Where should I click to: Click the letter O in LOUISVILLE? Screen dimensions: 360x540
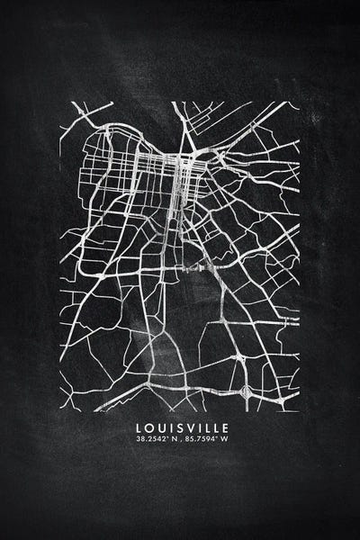tap(148, 427)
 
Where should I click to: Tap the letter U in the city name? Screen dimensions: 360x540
tap(159, 427)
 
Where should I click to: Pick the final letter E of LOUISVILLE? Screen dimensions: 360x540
tap(226, 427)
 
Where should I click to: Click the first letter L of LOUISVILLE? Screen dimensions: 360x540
tap(137, 427)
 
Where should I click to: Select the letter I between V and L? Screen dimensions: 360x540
tap(198, 427)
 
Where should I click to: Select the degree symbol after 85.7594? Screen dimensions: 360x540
tap(219, 438)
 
